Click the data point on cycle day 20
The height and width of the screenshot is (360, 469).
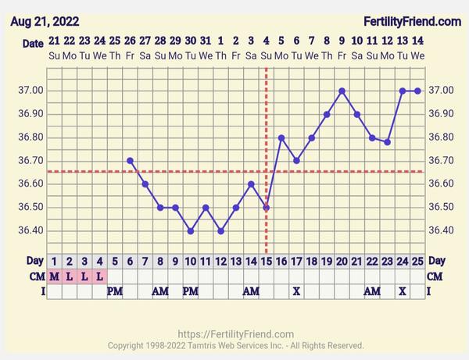(342, 91)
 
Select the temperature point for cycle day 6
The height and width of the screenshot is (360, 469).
(130, 161)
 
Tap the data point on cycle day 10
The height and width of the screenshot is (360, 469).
(190, 231)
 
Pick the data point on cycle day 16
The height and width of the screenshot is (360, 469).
(281, 137)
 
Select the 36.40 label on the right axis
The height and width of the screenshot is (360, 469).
(442, 231)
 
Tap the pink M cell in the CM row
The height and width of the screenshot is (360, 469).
(54, 276)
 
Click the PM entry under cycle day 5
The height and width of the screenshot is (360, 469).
(115, 290)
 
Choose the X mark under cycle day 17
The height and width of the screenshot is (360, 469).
(296, 290)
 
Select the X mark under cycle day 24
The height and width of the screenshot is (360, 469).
(403, 290)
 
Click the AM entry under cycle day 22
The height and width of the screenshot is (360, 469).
(372, 290)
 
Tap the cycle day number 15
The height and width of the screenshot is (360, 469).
(266, 261)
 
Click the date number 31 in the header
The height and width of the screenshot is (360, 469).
(206, 40)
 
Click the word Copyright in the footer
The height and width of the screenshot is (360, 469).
(130, 345)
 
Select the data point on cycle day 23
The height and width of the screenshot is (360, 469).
(387, 142)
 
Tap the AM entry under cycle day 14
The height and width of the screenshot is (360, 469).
(251, 290)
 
